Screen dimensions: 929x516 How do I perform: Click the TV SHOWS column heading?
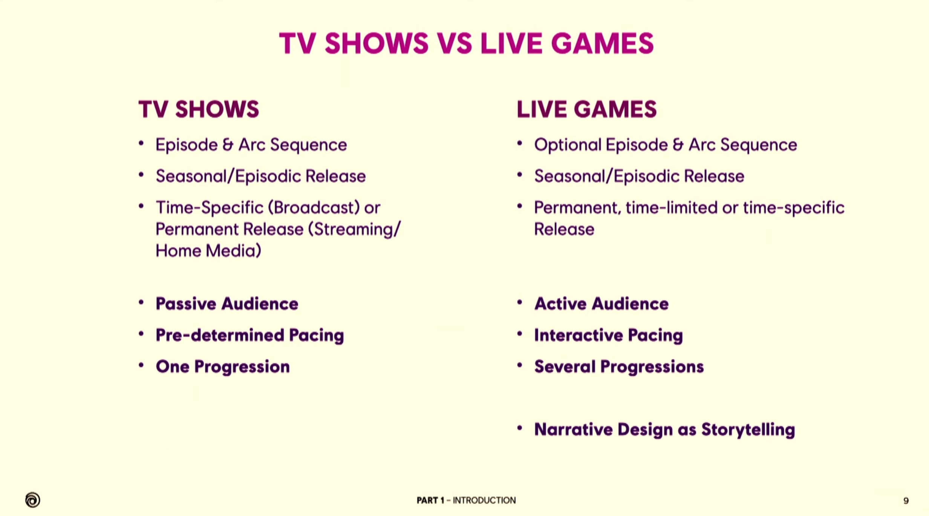[199, 109]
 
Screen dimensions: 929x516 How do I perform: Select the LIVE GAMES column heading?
[586, 109]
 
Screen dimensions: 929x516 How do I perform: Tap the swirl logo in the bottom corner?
[32, 500]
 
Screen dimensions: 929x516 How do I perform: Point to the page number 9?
[906, 501]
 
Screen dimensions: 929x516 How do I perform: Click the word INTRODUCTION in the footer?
[484, 500]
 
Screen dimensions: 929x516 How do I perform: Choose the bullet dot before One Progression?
[141, 365]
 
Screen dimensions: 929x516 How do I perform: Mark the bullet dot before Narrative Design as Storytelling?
[520, 428]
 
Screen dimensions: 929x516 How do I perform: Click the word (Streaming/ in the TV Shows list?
[354, 230]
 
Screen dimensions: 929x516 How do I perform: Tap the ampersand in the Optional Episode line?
[677, 145]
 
